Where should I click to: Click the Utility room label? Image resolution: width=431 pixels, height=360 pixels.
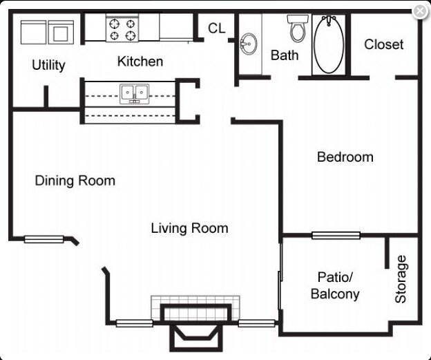48,65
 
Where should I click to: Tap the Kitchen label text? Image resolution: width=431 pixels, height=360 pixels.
140,61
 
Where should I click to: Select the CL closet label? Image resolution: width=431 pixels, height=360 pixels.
217,28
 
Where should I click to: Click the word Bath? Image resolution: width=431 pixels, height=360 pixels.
284,55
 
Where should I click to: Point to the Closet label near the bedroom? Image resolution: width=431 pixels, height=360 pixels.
383,44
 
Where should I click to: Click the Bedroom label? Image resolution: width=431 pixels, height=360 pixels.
345,157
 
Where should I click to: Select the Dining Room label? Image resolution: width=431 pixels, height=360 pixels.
75,181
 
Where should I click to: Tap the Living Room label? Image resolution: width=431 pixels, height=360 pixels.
189,228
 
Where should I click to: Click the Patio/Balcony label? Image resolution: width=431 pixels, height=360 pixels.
335,285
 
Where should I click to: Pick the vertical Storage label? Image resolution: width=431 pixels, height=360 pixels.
401,279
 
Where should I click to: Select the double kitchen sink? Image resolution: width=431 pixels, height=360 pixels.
135,92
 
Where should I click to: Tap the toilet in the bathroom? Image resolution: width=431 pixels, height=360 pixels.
298,28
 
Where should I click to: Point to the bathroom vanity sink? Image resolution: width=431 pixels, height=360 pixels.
248,46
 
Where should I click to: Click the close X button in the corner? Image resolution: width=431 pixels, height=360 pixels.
419,11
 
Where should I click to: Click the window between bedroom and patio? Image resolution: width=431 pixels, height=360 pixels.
336,236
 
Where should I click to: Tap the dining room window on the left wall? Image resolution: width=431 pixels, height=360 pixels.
44,240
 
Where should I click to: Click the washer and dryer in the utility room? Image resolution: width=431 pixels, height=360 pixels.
47,31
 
